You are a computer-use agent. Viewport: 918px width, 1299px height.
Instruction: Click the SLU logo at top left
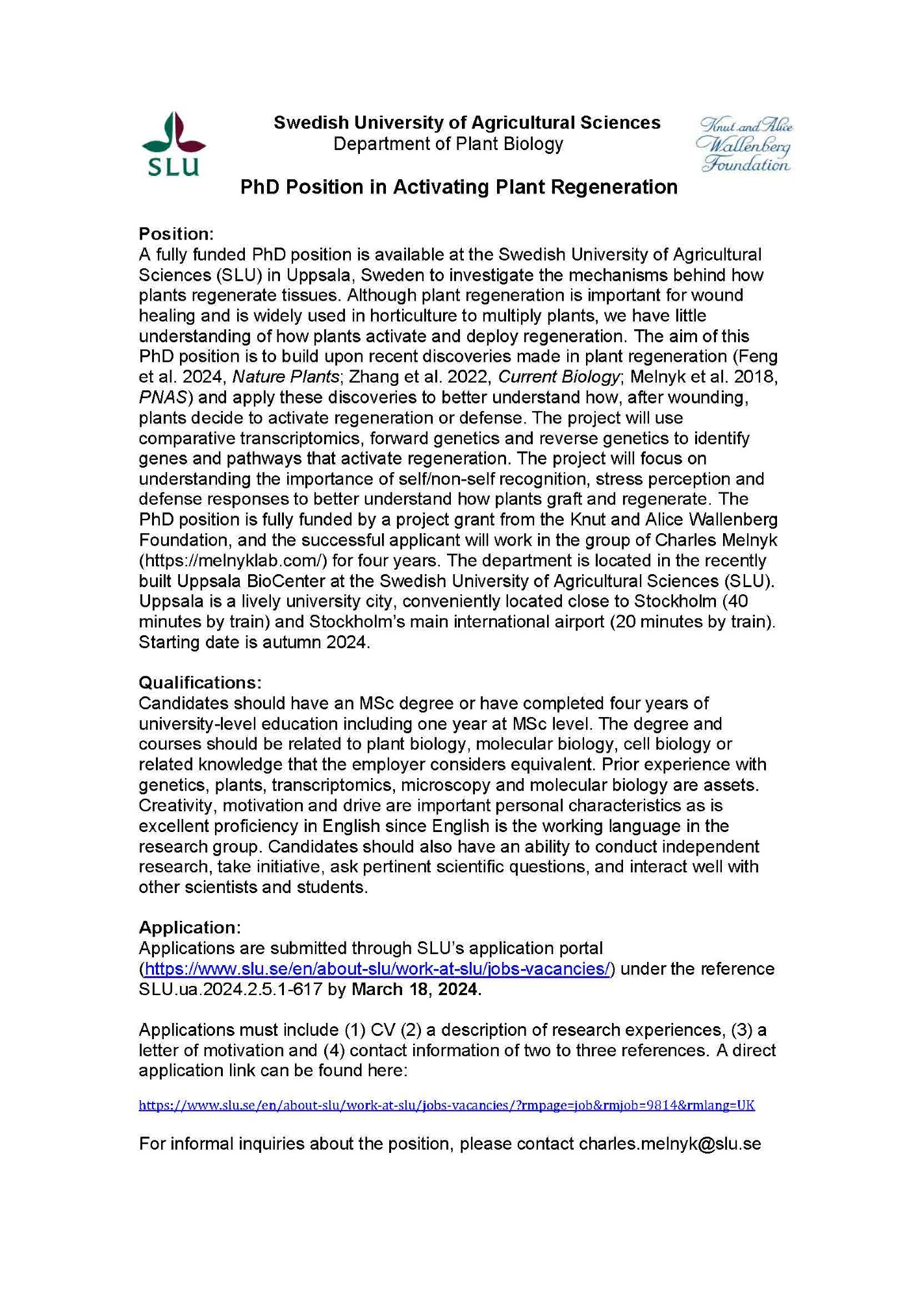[173, 144]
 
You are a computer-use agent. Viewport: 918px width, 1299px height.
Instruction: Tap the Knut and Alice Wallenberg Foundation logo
[745, 145]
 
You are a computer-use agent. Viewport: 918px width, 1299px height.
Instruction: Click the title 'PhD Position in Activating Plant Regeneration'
[459, 187]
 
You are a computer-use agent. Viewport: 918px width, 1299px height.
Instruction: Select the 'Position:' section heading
[176, 234]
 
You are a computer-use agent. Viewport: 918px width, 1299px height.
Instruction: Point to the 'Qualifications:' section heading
[200, 683]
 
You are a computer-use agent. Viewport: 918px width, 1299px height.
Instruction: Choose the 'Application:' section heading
[190, 927]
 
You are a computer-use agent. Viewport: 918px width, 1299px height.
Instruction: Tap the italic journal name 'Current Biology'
[558, 377]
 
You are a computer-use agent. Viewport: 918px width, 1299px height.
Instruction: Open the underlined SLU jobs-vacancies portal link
[377, 969]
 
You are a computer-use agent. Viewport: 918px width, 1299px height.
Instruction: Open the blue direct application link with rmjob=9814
[446, 1105]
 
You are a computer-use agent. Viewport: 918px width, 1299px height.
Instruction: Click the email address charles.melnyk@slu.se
[670, 1144]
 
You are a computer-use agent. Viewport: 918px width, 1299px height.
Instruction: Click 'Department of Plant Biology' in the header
[448, 144]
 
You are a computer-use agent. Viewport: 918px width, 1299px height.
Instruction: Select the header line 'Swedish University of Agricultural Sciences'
[466, 123]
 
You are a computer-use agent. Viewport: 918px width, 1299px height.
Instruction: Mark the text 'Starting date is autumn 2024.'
[254, 642]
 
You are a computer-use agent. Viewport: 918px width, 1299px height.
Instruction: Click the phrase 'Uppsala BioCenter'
[251, 581]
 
